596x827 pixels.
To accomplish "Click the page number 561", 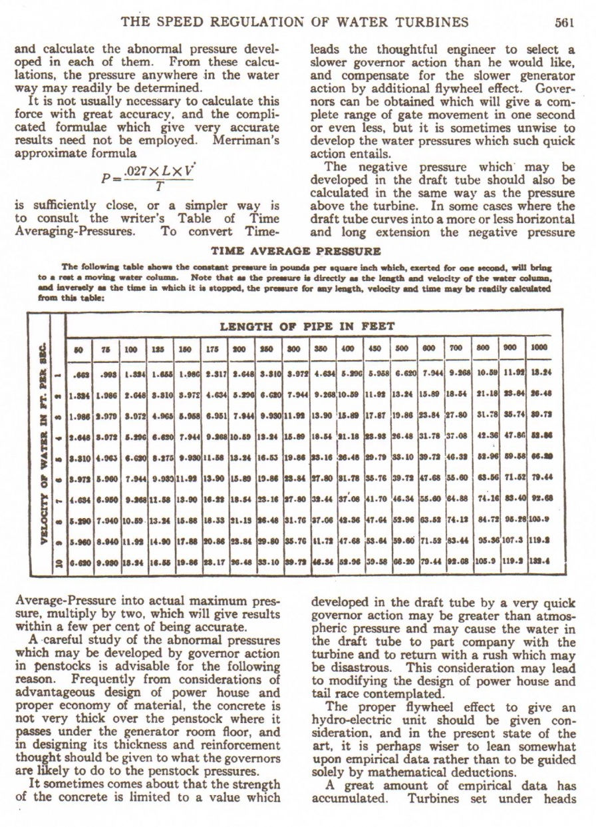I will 563,22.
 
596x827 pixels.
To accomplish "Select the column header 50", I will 80,348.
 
